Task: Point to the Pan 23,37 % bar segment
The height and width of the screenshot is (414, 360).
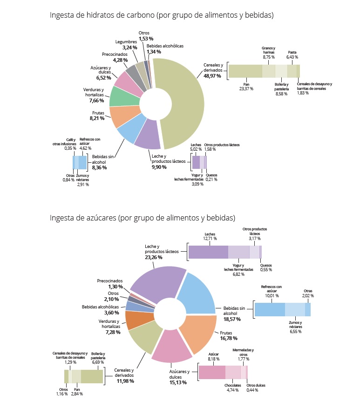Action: (x=245, y=71)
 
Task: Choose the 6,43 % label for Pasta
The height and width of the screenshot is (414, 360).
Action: (x=292, y=57)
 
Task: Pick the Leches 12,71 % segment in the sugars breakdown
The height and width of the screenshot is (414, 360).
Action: (x=208, y=252)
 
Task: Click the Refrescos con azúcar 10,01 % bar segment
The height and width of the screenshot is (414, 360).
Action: (x=270, y=309)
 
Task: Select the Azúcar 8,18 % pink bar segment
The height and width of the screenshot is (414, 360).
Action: (x=212, y=373)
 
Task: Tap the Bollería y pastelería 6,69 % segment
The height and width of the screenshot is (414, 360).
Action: (x=92, y=376)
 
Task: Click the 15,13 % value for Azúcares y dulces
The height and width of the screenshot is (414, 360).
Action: (x=178, y=382)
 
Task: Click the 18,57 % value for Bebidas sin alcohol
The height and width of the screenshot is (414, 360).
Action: (x=231, y=320)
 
